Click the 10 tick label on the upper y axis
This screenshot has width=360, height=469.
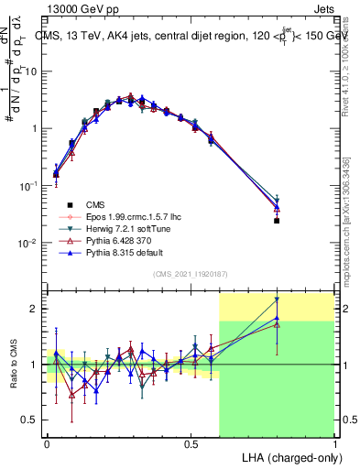coord(32,71)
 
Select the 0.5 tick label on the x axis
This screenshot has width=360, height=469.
coord(191,442)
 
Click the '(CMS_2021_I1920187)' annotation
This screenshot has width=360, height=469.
coord(190,274)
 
